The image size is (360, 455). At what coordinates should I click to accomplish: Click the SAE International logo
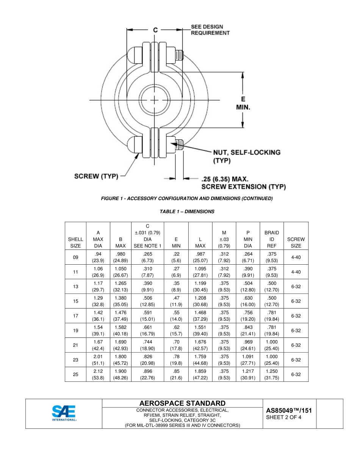(64, 413)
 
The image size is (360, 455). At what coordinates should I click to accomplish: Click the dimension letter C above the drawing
(155, 30)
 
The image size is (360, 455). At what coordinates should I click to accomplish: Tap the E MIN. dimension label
(243, 104)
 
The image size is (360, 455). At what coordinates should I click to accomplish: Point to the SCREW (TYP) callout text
(96, 176)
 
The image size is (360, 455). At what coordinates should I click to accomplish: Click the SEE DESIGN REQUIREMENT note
(210, 30)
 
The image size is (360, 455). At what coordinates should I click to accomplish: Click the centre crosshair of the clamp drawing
(155, 100)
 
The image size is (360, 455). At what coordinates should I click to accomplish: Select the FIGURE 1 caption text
(187, 198)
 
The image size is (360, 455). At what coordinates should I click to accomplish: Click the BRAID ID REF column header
(271, 239)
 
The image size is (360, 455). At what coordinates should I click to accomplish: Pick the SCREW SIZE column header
(296, 242)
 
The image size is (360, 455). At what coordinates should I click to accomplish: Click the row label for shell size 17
(75, 316)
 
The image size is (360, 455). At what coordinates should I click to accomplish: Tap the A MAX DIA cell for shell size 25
(98, 375)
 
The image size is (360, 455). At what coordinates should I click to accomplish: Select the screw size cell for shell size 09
(296, 257)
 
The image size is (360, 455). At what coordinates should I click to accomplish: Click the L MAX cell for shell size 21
(200, 345)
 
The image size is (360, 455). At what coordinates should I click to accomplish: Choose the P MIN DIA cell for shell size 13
(248, 287)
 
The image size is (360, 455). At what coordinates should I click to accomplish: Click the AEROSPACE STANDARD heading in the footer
(182, 403)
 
